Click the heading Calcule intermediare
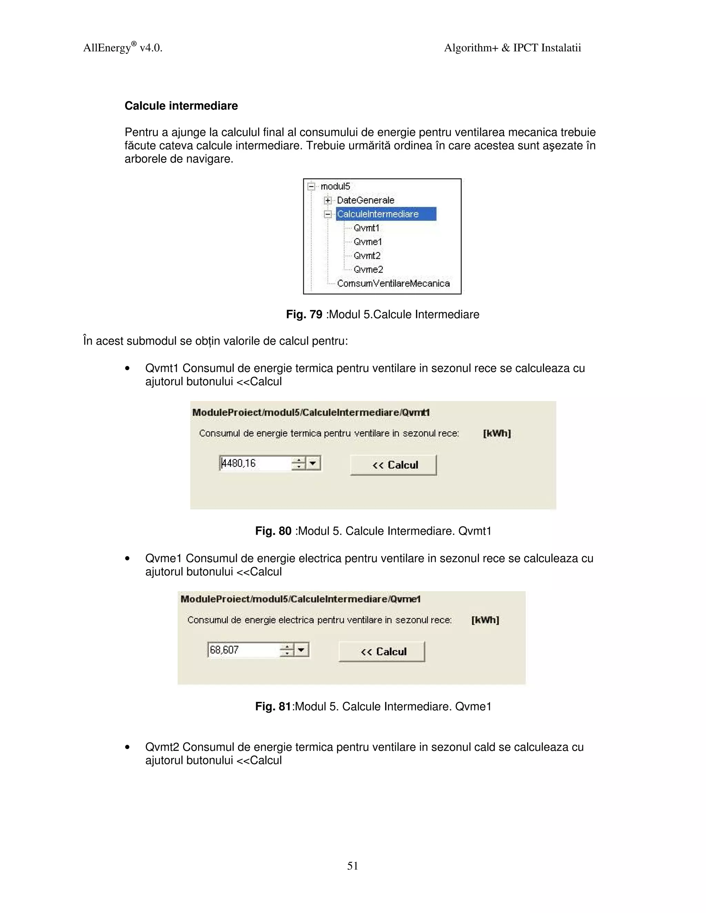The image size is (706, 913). coord(181,106)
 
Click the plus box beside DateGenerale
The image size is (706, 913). coord(328,200)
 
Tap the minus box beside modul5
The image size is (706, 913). coord(311,186)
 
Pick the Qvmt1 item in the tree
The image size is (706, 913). coord(366,228)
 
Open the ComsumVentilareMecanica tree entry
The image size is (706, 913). coord(393,284)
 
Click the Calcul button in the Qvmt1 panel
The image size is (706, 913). coord(393,465)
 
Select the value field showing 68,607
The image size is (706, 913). coord(243,650)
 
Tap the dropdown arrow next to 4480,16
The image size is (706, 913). coord(313,463)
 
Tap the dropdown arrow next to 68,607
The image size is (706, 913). coord(302,650)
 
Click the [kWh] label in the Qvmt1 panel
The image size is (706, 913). coord(497,433)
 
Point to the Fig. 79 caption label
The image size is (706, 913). coord(304,314)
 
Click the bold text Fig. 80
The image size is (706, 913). coord(273,531)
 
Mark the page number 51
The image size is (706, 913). coord(353,866)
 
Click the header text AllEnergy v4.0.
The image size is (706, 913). coord(122,48)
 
